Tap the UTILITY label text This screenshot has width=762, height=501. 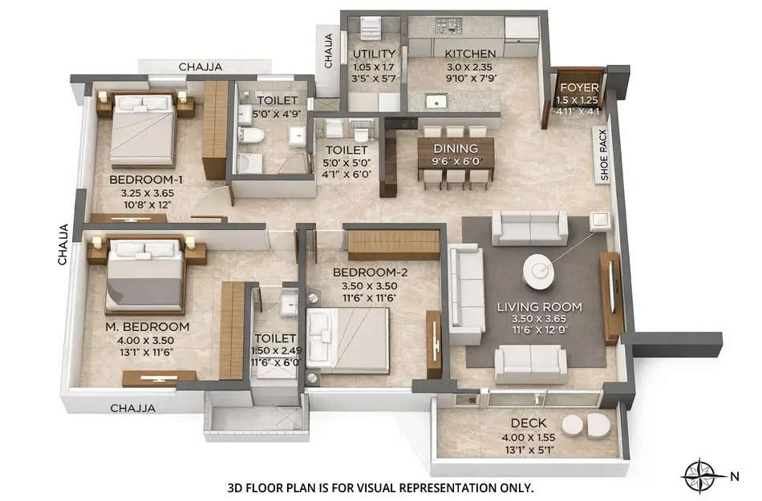(x=372, y=55)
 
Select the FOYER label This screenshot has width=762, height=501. (x=578, y=87)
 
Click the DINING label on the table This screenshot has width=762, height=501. (x=456, y=148)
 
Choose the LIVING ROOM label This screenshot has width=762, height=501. (x=539, y=307)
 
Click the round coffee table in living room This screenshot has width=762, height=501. (x=538, y=272)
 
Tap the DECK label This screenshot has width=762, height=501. (x=529, y=423)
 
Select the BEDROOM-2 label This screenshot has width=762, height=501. (x=371, y=273)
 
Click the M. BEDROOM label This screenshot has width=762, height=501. (x=148, y=327)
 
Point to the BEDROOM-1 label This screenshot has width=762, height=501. (x=147, y=180)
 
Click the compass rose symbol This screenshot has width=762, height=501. (x=699, y=475)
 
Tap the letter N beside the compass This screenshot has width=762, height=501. (x=734, y=475)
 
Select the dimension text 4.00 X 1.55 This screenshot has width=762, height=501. (x=529, y=437)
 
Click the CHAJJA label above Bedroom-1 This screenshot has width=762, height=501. (x=201, y=67)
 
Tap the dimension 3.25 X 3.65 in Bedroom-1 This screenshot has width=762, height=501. (x=147, y=193)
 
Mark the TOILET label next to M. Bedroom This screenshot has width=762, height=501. (x=275, y=339)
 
